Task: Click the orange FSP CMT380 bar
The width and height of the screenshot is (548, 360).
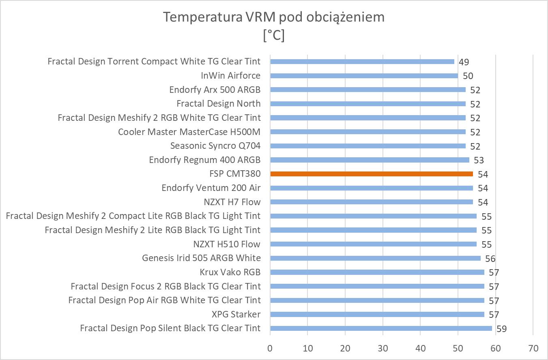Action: (x=371, y=174)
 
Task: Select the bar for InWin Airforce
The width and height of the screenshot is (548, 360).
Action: (x=364, y=76)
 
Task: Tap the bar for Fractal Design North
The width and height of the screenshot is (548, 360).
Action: (x=367, y=104)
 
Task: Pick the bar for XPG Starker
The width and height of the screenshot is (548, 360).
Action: (x=377, y=314)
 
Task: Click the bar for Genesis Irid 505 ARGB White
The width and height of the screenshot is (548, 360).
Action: (x=375, y=258)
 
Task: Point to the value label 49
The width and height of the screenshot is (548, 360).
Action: (x=464, y=62)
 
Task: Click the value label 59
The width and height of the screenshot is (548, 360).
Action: (x=501, y=329)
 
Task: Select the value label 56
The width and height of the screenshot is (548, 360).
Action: (x=490, y=259)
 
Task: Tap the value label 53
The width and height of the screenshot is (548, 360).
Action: (x=479, y=160)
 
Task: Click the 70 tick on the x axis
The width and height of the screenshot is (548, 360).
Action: (x=533, y=348)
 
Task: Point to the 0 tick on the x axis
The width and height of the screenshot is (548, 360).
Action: (x=270, y=348)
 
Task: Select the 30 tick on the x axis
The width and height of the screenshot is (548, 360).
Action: (x=383, y=348)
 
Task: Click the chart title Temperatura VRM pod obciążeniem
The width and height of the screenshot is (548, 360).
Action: (x=274, y=17)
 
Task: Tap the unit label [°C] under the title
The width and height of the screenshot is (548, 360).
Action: (x=274, y=36)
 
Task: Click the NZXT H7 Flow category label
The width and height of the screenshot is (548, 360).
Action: (x=232, y=202)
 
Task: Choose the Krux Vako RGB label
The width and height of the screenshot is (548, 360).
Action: (x=230, y=272)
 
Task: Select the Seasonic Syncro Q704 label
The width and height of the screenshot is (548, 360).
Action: (x=215, y=146)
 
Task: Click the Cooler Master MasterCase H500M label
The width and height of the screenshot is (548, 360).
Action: (x=189, y=132)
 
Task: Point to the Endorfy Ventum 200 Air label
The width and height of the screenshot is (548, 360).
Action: (x=211, y=188)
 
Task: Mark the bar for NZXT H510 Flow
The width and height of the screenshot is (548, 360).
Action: (x=373, y=244)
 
